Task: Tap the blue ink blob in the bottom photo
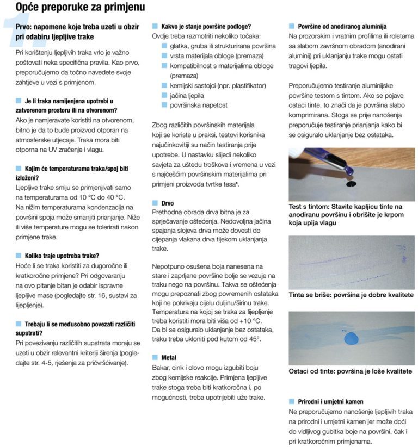351,339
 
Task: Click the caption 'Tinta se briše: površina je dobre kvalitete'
351,295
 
